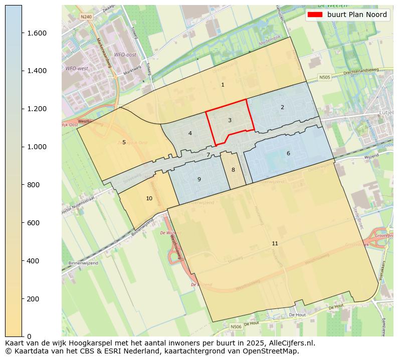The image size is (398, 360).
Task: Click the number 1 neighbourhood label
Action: click(x=223, y=85)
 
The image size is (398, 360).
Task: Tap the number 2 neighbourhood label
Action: click(x=282, y=107)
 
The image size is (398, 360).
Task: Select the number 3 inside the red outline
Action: click(x=230, y=120)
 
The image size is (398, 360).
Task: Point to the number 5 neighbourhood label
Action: click(x=124, y=142)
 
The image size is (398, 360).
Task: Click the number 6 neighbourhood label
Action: click(x=288, y=153)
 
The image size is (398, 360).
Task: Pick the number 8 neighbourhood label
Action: click(x=233, y=170)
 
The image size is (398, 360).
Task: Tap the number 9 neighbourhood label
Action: click(x=199, y=179)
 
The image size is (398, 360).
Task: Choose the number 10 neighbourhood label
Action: click(x=149, y=198)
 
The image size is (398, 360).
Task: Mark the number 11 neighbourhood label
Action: click(x=275, y=243)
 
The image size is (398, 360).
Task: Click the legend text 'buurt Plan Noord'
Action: click(x=357, y=15)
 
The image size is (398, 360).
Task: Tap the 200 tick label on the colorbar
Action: click(x=34, y=298)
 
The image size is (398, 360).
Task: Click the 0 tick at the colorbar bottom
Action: click(x=30, y=336)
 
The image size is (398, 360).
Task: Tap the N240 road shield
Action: click(x=86, y=17)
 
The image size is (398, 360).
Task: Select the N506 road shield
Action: click(x=236, y=326)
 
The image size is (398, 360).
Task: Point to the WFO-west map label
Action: click(x=77, y=68)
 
